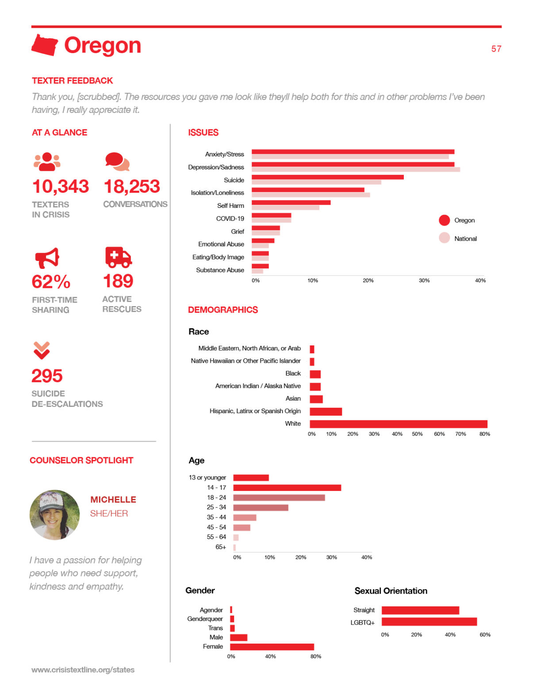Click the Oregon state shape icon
(x=44, y=45)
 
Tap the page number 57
(x=496, y=49)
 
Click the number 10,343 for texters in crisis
(x=61, y=187)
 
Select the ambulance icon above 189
(x=118, y=257)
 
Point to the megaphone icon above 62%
(x=47, y=258)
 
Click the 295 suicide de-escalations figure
(x=47, y=376)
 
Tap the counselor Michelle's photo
(x=55, y=515)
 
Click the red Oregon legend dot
(x=444, y=220)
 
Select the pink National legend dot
(x=444, y=238)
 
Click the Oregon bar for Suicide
(x=327, y=177)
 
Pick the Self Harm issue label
(x=230, y=206)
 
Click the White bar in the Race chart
(x=398, y=424)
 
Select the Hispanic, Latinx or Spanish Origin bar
(x=326, y=411)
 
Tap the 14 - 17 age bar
(x=287, y=487)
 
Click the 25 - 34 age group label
(x=216, y=507)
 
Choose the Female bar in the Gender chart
(x=272, y=647)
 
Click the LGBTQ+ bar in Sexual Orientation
(x=429, y=622)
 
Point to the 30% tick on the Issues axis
(x=424, y=280)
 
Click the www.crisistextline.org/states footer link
(x=83, y=670)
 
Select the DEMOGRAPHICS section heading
(x=223, y=310)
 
